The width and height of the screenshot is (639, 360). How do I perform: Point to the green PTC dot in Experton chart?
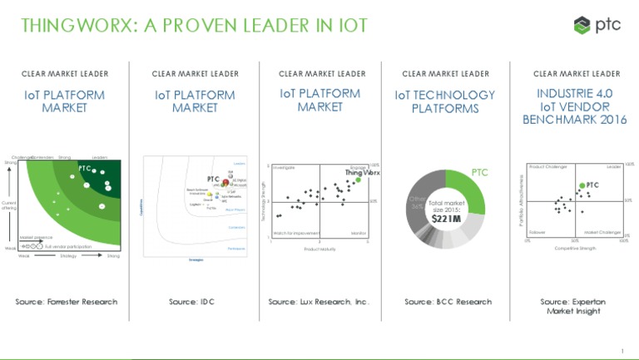coord(581,186)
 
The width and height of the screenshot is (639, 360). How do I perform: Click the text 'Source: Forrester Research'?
coord(67,301)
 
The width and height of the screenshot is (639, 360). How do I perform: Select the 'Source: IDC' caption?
coord(191,301)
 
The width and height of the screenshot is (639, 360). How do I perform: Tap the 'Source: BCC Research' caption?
coord(448,301)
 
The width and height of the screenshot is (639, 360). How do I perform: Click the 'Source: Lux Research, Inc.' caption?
coord(319,301)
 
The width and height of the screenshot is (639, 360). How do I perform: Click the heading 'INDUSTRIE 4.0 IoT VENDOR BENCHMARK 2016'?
coord(574,107)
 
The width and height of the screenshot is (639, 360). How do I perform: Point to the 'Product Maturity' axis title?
coord(319,249)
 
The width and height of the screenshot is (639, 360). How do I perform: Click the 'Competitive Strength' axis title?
coord(575,248)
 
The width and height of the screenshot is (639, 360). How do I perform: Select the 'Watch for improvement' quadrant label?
coord(291,233)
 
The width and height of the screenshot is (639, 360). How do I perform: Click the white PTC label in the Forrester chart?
coord(84,169)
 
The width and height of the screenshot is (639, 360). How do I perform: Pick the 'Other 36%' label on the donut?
coord(417,203)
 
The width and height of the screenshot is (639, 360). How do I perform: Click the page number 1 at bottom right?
coord(622,349)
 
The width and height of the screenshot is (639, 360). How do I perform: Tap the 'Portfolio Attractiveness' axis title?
coord(520,200)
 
